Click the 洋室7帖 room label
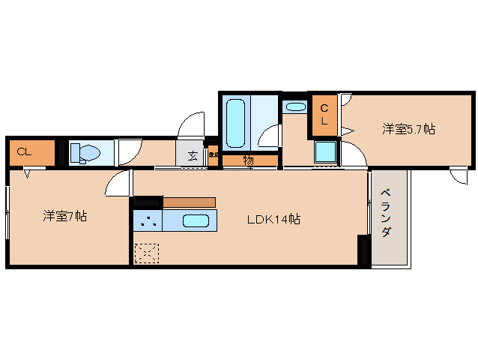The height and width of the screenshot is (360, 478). click(x=64, y=217)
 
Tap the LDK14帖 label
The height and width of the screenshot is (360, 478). click(x=274, y=220)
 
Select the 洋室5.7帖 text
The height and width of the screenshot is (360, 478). click(x=408, y=129)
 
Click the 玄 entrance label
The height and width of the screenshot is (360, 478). click(x=193, y=155)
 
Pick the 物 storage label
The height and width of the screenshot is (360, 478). click(x=248, y=160)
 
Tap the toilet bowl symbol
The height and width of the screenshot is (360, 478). click(x=85, y=154)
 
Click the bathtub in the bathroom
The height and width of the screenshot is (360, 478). click(x=235, y=122)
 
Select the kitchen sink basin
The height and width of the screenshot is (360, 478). click(x=196, y=221)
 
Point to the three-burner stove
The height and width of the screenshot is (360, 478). click(x=148, y=221)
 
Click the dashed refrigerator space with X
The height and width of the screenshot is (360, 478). click(x=146, y=253)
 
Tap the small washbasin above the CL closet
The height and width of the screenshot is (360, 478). click(x=295, y=106)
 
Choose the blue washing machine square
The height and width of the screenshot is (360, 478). click(x=326, y=151)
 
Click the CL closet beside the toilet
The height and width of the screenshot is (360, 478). click(x=31, y=152)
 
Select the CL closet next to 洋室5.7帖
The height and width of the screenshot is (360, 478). click(x=324, y=115)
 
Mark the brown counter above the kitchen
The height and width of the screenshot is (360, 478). click(x=189, y=202)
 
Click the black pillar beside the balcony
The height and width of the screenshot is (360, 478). click(x=364, y=250)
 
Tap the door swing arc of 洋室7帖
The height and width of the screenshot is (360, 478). click(x=117, y=183)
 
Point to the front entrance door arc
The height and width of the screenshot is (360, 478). click(x=193, y=124)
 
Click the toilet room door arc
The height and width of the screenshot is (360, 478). click(x=129, y=152)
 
